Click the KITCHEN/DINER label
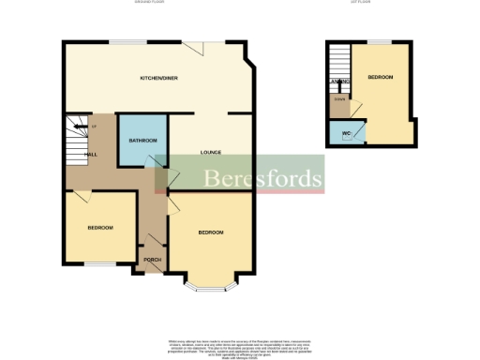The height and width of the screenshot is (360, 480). pyautogui.click(x=158, y=78)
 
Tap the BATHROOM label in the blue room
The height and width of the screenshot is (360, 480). pyautogui.click(x=142, y=140)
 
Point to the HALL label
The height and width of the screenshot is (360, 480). pyautogui.click(x=91, y=154)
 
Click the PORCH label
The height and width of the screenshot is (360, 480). pyautogui.click(x=151, y=260)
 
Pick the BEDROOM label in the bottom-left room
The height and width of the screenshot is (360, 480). pyautogui.click(x=100, y=228)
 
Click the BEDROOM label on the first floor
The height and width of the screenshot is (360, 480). pyautogui.click(x=381, y=77)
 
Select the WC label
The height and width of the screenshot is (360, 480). pyautogui.click(x=346, y=133)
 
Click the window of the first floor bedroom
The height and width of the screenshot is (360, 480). pyautogui.click(x=379, y=41)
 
